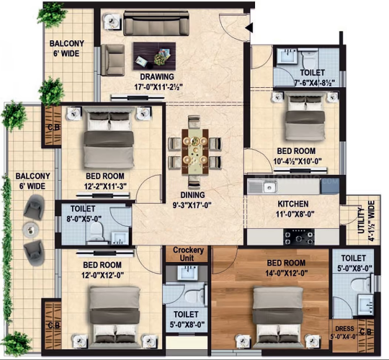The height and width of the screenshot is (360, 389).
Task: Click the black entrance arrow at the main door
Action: (249, 28)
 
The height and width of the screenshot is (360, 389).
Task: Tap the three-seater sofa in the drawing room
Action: (156, 23)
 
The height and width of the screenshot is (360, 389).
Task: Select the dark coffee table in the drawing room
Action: (154, 56)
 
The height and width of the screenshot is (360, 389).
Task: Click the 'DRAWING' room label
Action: (157, 77)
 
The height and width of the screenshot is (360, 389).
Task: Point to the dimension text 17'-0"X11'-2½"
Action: (158, 87)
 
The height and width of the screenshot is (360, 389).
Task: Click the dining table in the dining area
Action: (195, 151)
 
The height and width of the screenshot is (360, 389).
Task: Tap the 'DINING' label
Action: (192, 195)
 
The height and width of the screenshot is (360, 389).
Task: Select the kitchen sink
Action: (270, 187)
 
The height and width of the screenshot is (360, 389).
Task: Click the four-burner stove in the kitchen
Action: (299, 237)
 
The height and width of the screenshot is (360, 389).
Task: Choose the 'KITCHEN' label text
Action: (293, 204)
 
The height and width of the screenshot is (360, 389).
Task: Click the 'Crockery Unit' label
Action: (188, 254)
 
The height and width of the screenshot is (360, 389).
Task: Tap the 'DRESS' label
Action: (344, 328)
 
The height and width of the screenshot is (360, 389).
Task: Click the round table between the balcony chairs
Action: (30, 230)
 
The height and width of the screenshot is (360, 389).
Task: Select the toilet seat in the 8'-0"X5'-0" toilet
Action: (96, 231)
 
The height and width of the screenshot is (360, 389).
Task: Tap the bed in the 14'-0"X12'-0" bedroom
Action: (278, 318)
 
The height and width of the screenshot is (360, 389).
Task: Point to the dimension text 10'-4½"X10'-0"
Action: (298, 161)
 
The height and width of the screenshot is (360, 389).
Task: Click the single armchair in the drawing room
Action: (112, 60)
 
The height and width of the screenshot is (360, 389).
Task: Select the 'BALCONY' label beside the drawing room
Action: (67, 44)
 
